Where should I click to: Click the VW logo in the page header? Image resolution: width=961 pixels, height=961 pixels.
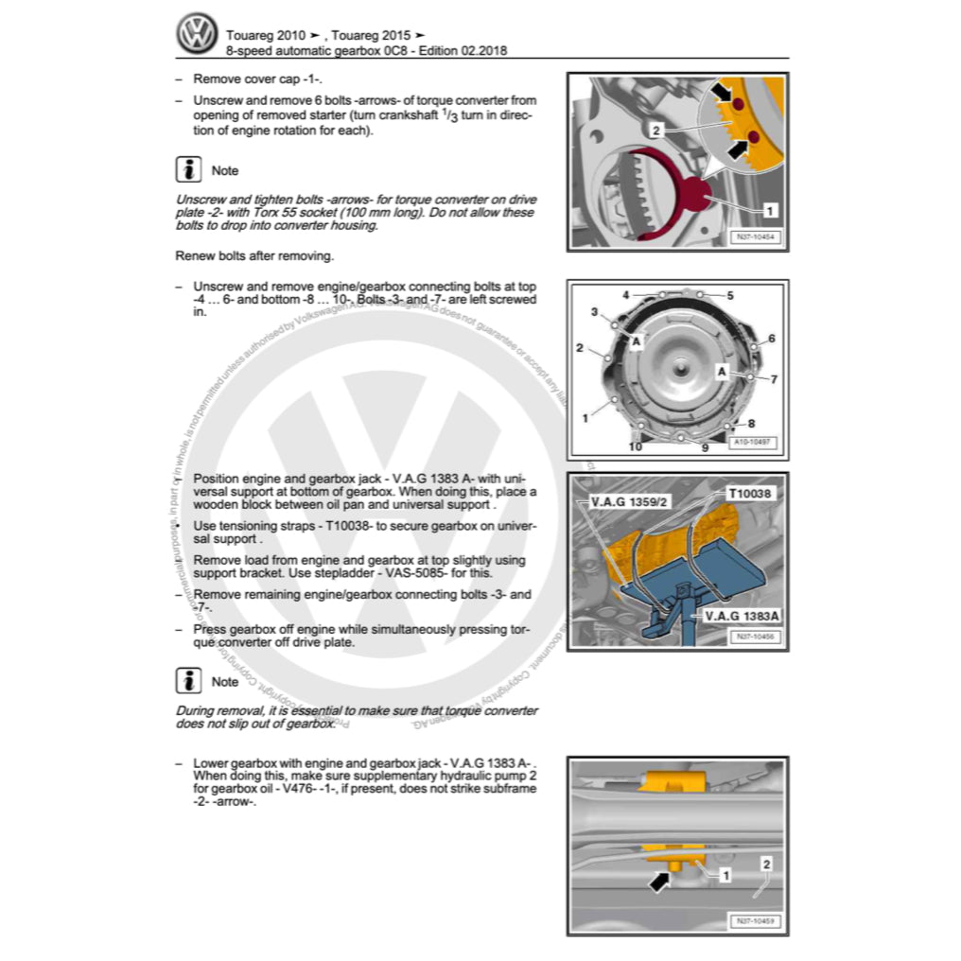(x=196, y=34)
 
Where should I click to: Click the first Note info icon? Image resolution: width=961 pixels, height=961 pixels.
(x=189, y=170)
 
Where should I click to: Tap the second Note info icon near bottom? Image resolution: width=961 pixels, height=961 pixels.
(x=189, y=681)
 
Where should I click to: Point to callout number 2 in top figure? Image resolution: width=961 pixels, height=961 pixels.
(x=655, y=129)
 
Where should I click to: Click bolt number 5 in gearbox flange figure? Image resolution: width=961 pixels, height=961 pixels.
(x=730, y=295)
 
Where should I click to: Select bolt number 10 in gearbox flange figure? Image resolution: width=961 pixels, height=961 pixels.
(x=636, y=446)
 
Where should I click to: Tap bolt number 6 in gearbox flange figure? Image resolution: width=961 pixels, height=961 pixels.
(x=772, y=338)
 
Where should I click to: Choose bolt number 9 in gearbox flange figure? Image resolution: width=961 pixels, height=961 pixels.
(x=705, y=447)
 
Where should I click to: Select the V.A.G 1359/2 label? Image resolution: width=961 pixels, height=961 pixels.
(x=629, y=501)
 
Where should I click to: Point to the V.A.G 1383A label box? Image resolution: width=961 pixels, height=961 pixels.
(x=741, y=616)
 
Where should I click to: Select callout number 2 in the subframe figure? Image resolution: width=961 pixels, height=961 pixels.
(x=766, y=864)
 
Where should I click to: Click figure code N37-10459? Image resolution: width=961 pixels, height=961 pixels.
(x=756, y=921)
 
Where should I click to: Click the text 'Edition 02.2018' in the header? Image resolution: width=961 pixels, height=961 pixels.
(x=458, y=50)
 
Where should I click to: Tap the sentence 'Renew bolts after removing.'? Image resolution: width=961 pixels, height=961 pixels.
(x=253, y=255)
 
